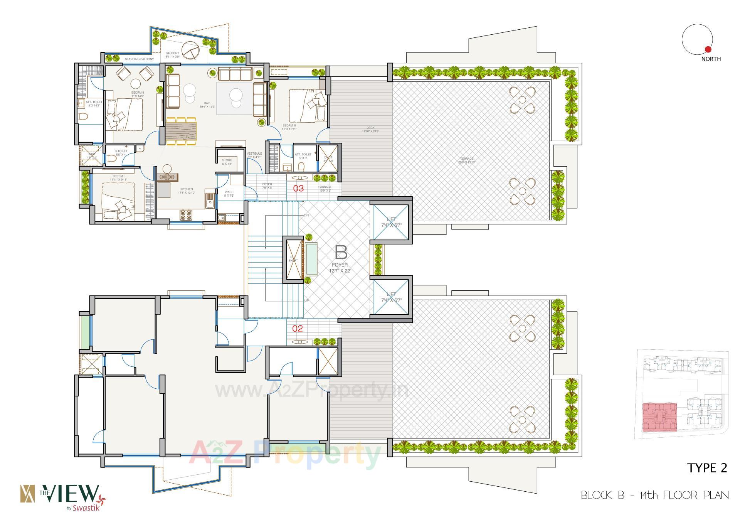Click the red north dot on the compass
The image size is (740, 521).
tap(708, 49)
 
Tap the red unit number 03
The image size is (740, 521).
tap(299, 189)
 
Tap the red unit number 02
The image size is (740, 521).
tap(297, 329)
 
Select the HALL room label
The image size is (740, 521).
tap(207, 103)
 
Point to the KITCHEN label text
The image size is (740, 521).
tap(187, 189)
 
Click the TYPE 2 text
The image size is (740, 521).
tap(707, 468)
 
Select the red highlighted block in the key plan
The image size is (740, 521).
tap(659, 417)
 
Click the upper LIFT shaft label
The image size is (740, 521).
tap(391, 219)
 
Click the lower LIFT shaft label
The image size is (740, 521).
tap(391, 295)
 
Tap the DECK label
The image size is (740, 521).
tap(370, 128)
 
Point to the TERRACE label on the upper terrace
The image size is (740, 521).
tap(466, 159)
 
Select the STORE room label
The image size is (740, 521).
tap(227, 160)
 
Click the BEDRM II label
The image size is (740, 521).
tap(137, 93)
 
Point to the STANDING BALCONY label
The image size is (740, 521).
tap(139, 59)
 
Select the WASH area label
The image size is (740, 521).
tap(229, 192)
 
